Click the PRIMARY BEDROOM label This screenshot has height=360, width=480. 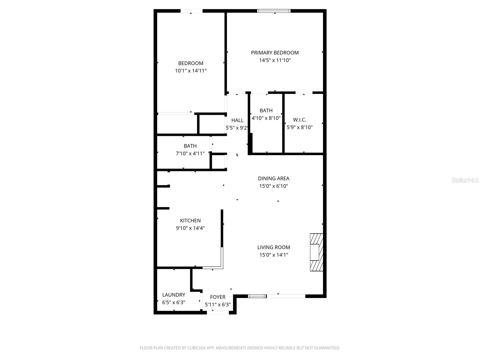(275, 53)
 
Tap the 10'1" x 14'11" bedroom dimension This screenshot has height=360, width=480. (191, 71)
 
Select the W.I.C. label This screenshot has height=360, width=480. (300, 120)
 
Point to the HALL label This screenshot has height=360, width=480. (237, 120)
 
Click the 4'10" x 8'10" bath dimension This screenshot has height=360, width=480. (266, 118)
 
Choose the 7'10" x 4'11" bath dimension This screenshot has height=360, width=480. (190, 154)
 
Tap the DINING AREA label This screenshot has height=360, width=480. (274, 178)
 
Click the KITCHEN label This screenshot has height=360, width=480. (190, 220)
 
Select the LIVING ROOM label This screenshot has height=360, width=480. (274, 247)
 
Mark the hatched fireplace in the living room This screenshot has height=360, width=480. (316, 253)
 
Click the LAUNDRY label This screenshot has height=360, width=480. (174, 295)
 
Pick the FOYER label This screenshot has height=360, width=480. (218, 297)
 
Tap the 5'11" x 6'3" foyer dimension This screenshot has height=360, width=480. (218, 305)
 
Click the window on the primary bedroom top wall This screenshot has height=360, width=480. (274, 11)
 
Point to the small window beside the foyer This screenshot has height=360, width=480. (257, 296)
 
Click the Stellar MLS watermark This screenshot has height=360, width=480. (465, 180)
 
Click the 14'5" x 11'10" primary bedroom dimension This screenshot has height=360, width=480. (275, 60)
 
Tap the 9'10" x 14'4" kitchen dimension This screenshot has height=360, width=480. (190, 228)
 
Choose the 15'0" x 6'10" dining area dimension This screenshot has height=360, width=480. (274, 186)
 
